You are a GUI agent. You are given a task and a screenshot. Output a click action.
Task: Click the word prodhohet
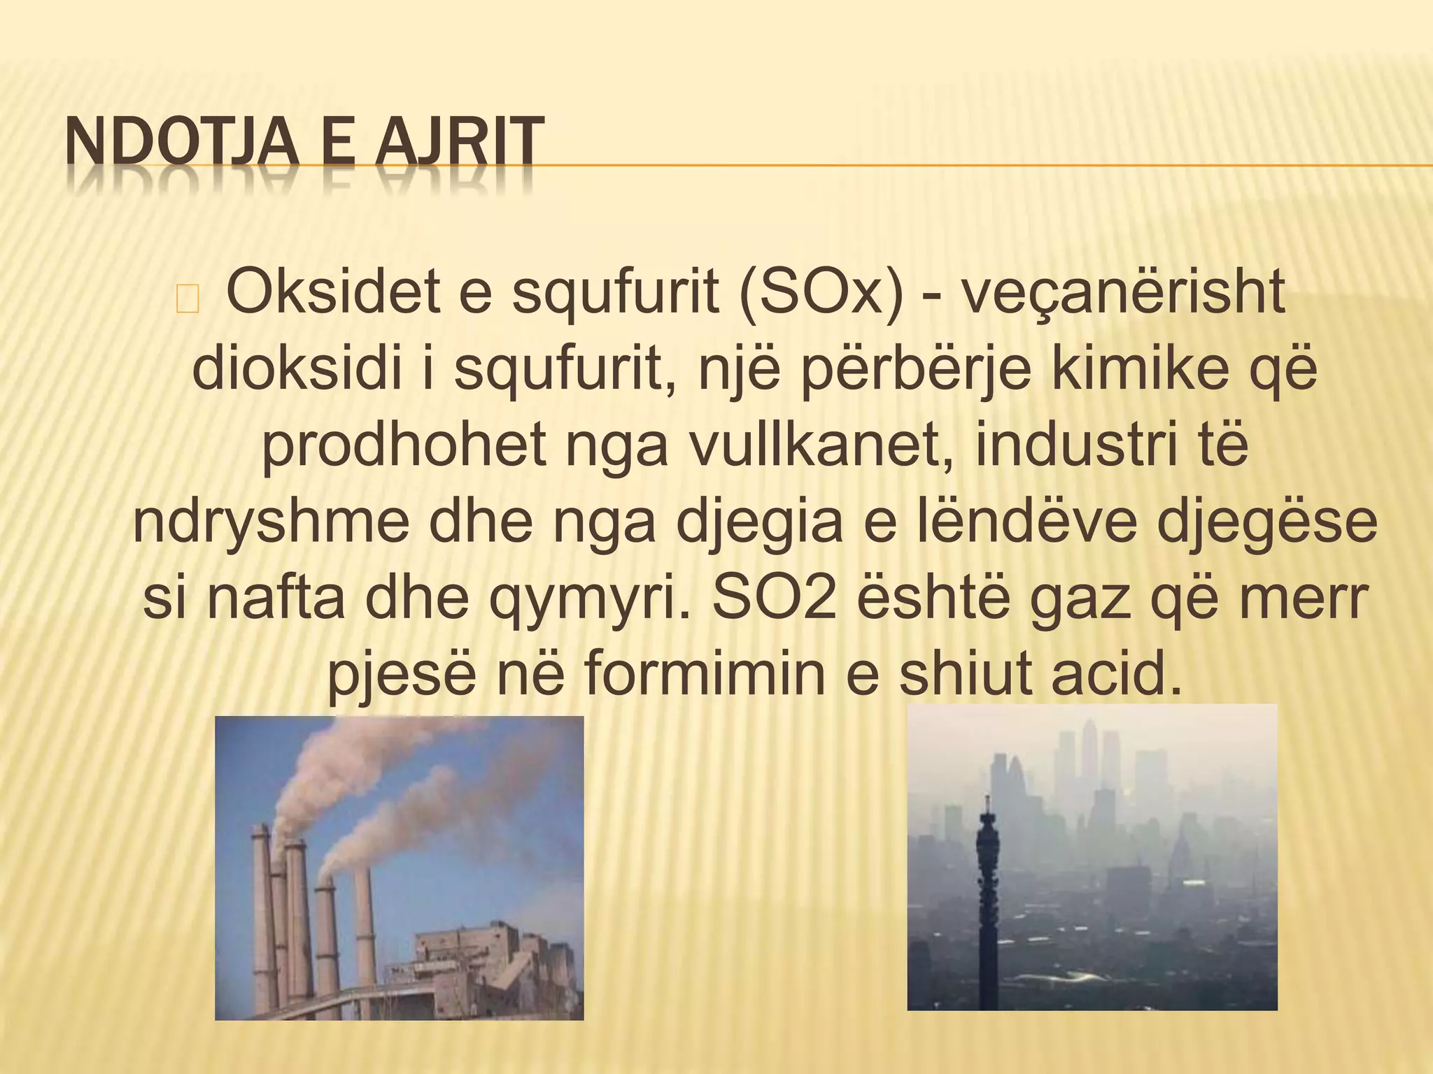[x=404, y=447]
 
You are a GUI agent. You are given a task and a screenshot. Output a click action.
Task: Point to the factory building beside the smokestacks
[x=490, y=958]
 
